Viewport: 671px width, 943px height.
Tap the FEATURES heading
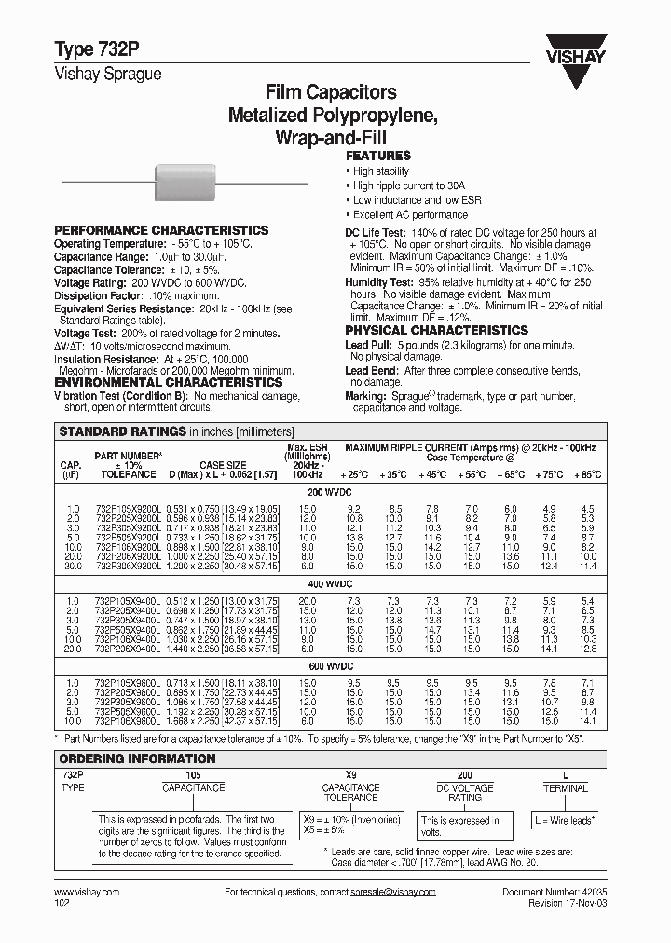[378, 157]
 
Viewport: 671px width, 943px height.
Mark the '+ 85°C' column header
[585, 474]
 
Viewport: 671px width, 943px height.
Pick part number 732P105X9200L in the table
[128, 509]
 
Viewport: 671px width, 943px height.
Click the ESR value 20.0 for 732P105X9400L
[308, 600]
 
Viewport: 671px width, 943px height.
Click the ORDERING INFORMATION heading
[137, 758]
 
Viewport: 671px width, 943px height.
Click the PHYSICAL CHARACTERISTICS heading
[436, 330]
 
